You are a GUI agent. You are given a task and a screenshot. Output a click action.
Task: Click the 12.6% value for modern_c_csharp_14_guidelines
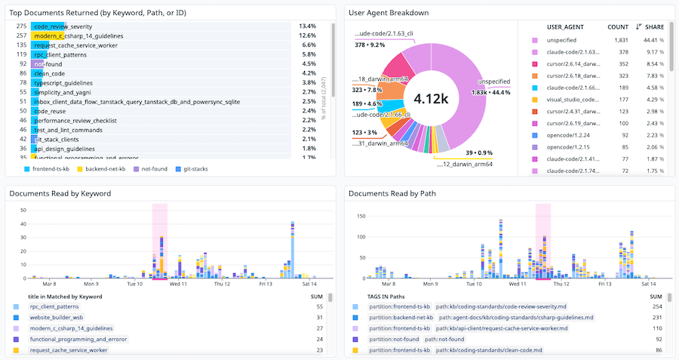pos(307,35)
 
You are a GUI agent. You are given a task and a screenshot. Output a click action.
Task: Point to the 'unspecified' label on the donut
pos(495,82)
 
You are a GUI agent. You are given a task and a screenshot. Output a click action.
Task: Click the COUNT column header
pos(618,26)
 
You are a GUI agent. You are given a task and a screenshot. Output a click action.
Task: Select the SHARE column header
pos(654,26)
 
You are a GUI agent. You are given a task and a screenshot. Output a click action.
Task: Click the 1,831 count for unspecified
pos(620,40)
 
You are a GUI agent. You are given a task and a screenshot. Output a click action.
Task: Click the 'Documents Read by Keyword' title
pos(60,193)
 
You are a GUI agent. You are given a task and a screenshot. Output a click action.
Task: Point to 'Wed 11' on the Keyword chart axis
pos(179,284)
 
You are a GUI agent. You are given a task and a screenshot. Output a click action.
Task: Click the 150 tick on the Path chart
pos(361,216)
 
